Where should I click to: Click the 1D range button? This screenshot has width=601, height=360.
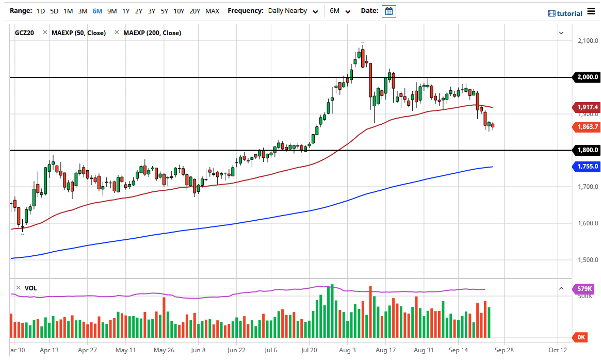[x=41, y=11]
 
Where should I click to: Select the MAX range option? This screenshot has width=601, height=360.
[x=212, y=11]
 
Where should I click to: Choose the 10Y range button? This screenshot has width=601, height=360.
[x=179, y=11]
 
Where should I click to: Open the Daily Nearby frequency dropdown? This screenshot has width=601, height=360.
[x=293, y=11]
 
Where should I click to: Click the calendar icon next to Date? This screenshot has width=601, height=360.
[x=388, y=11]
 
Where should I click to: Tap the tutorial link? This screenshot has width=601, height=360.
[x=565, y=13]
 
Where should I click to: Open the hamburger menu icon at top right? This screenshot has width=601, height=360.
[x=591, y=13]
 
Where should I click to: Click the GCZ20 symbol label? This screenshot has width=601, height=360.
[x=24, y=33]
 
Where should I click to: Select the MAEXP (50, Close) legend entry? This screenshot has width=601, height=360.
[x=78, y=33]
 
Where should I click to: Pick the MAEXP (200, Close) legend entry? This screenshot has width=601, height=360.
[x=152, y=33]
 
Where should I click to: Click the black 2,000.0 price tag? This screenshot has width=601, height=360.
[x=587, y=77]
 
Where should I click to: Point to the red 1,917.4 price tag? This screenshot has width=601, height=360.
[x=587, y=107]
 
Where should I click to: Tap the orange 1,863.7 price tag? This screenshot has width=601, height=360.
[x=587, y=127]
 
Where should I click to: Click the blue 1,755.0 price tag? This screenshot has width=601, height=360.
[x=587, y=166]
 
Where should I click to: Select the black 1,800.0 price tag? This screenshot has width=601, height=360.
[x=587, y=150]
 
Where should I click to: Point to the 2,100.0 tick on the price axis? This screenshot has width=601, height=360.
[x=587, y=41]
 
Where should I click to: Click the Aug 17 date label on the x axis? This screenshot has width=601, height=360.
[x=385, y=350]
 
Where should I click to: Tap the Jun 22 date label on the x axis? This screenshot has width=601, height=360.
[x=236, y=350]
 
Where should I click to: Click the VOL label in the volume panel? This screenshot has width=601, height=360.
[x=31, y=288]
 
